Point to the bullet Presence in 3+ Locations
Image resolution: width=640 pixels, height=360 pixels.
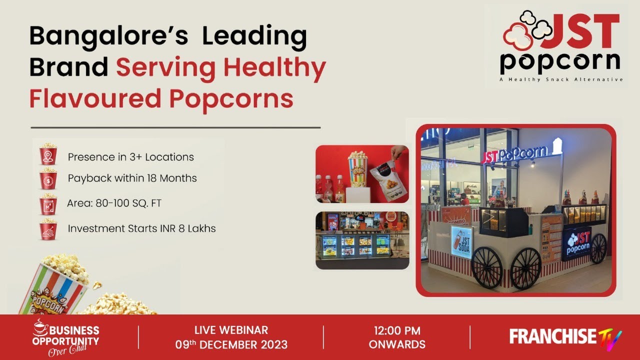[x=130, y=157]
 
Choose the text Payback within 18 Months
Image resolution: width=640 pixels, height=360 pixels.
[x=132, y=178]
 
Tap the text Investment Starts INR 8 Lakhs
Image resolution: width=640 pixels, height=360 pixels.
[x=141, y=228]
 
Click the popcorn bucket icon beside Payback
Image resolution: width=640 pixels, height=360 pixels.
[x=48, y=178]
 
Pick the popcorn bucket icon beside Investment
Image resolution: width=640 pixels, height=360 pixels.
[x=48, y=229]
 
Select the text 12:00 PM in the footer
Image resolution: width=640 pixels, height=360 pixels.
[x=397, y=330]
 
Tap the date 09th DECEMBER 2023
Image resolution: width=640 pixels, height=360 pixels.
[x=231, y=344]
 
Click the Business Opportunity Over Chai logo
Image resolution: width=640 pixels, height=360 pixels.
[x=65, y=337]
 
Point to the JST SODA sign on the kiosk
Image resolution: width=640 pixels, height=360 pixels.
[x=461, y=242]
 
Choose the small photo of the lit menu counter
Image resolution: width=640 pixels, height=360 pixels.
[x=362, y=240]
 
